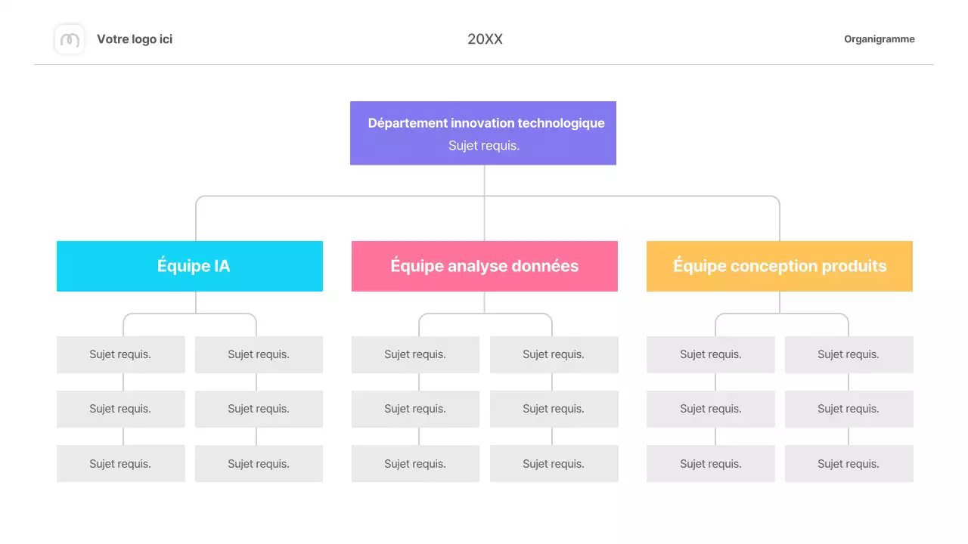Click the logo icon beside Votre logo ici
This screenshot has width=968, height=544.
[x=70, y=39]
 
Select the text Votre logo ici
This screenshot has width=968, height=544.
[x=135, y=39]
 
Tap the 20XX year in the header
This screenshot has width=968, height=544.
[x=485, y=39]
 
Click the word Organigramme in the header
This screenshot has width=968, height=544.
[x=879, y=39]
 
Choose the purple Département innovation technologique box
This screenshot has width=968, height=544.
[x=483, y=133]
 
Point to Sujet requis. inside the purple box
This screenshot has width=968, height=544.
[x=484, y=146]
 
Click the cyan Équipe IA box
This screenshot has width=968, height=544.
[x=190, y=266]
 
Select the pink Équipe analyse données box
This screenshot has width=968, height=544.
[x=485, y=266]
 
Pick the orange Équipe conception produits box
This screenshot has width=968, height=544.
[x=780, y=266]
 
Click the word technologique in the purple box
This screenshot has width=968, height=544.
[x=560, y=123]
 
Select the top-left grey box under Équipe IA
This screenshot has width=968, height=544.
[x=120, y=354]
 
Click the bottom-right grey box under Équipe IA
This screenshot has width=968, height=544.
[x=259, y=464]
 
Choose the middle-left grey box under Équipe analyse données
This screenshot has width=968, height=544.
[x=415, y=409]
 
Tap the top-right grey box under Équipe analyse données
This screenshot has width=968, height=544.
[x=554, y=354]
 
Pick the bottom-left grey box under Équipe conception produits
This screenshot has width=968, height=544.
[x=711, y=464]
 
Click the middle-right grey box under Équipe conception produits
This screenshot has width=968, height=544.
[x=849, y=409]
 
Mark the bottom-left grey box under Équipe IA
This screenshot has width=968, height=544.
[x=120, y=464]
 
